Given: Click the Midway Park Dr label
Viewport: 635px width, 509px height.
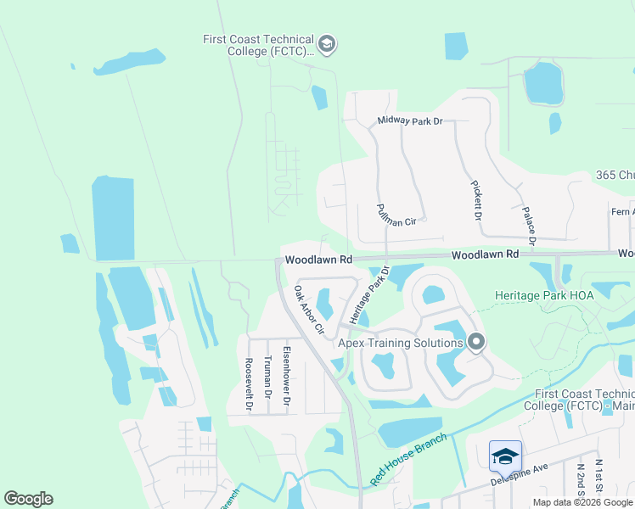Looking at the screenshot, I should [410, 121].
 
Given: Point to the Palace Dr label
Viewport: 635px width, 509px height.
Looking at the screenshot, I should [528, 224].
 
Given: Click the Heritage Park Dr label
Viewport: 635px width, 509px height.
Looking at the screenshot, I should [368, 294].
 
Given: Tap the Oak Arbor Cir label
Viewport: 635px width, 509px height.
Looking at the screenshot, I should [309, 309].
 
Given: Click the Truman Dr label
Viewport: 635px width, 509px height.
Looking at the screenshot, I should [267, 377].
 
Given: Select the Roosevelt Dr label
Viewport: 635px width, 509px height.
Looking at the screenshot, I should [249, 383].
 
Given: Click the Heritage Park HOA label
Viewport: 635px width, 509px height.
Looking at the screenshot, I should [544, 295].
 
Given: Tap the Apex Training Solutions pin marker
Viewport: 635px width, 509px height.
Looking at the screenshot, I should [476, 342].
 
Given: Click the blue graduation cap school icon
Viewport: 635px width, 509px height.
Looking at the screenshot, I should [504, 456].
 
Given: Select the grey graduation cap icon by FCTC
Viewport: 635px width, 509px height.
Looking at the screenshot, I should [327, 43].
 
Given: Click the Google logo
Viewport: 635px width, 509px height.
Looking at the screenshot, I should [28, 499].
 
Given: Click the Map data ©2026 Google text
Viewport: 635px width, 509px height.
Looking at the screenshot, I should [582, 502].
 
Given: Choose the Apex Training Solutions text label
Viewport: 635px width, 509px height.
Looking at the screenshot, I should [400, 343].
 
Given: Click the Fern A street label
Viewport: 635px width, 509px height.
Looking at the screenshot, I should [621, 212].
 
